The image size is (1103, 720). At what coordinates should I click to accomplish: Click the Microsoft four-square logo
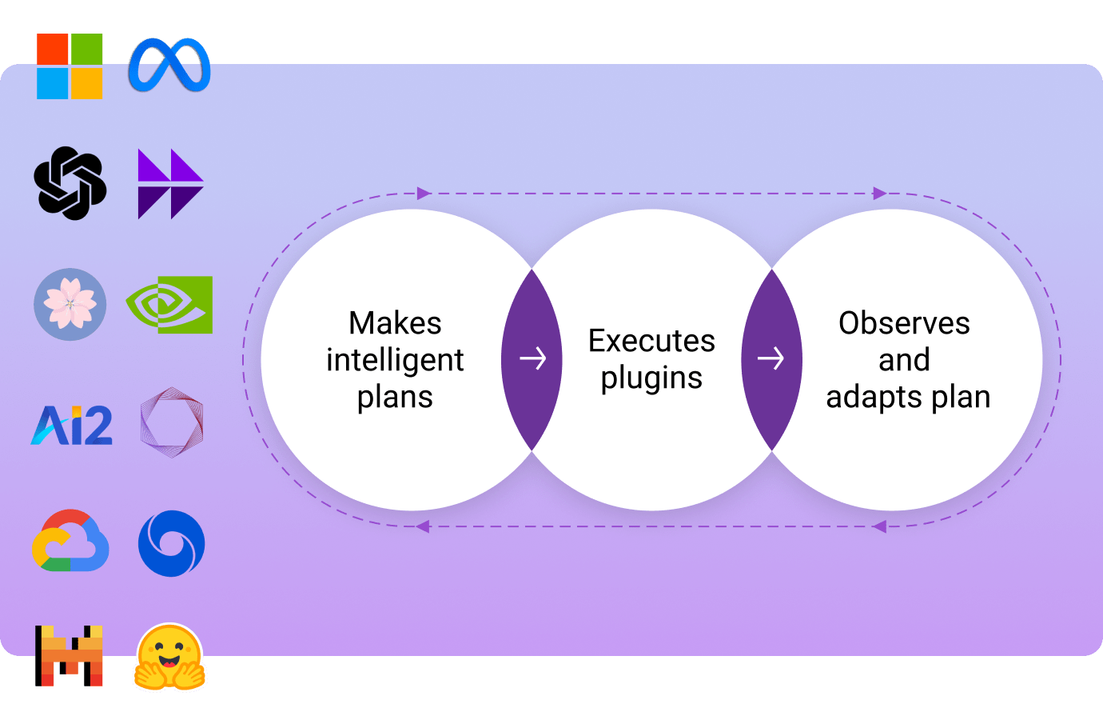[x=70, y=66]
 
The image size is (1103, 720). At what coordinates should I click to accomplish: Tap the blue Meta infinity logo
[x=169, y=65]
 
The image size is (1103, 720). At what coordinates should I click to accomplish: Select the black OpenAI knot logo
[x=70, y=183]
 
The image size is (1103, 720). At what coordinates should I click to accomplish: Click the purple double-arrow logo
[x=170, y=184]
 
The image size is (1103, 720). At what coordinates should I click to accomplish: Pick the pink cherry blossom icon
[x=70, y=304]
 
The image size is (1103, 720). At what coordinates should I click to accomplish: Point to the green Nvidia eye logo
[x=169, y=305]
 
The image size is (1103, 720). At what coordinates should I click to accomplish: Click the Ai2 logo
[x=72, y=425]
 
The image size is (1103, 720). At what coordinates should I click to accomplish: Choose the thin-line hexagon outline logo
[x=171, y=422]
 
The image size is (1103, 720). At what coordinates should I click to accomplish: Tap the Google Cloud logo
[x=70, y=541]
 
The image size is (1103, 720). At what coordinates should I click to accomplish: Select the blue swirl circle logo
[x=171, y=544]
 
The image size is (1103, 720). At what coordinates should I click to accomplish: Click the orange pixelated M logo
[x=70, y=655]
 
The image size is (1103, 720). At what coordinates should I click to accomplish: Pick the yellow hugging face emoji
[x=170, y=658]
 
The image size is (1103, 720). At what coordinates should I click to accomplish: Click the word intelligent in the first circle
[x=395, y=361]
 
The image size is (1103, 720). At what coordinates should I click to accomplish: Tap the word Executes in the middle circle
[x=651, y=341]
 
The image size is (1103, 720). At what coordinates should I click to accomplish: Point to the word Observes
[x=904, y=323]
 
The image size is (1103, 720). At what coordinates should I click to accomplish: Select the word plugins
[x=651, y=378]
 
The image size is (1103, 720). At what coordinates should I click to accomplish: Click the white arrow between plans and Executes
[x=532, y=358]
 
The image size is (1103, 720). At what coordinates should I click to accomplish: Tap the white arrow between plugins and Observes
[x=771, y=358]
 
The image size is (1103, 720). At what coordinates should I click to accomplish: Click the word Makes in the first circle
[x=395, y=323]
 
